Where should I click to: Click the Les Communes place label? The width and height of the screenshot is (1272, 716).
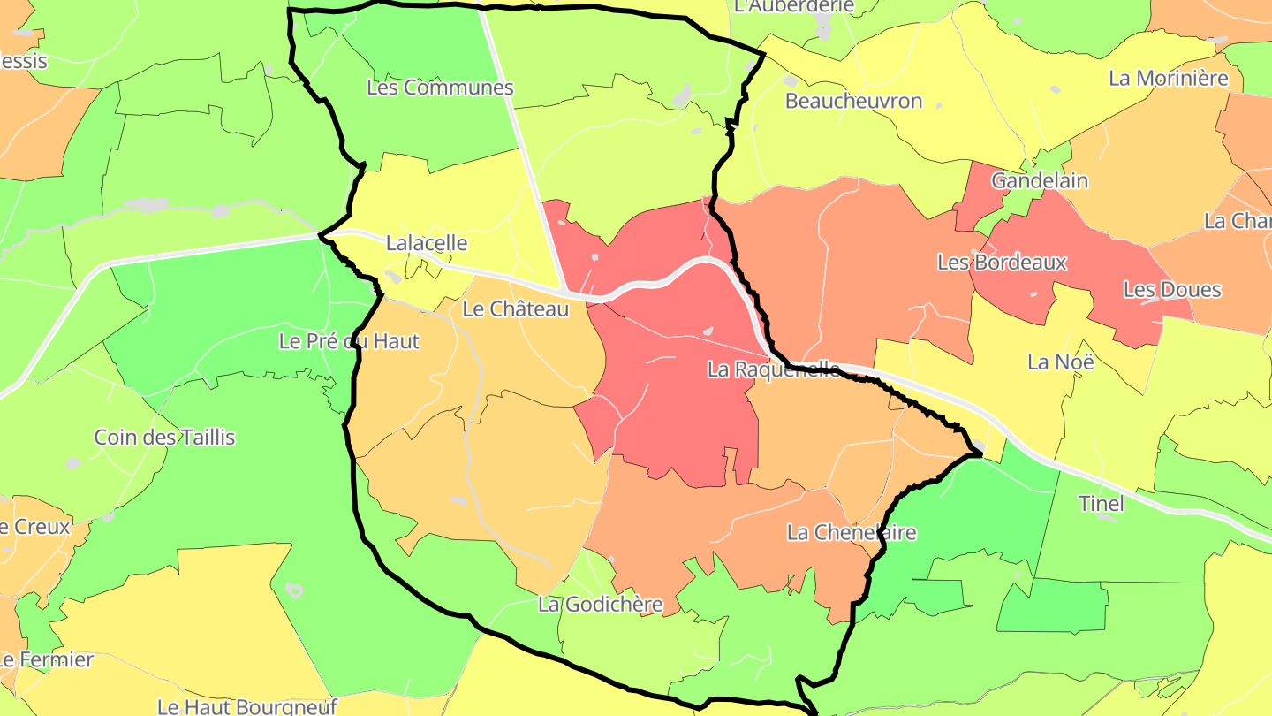point(440,88)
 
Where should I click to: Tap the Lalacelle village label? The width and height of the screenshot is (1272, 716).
point(427,242)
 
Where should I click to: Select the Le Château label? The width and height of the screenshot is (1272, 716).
point(516,309)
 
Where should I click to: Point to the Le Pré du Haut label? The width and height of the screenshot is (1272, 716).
point(349,341)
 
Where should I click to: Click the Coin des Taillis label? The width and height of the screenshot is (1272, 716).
point(165,438)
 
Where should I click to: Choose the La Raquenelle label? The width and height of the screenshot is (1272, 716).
point(774,369)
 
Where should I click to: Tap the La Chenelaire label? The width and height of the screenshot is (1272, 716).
point(852,532)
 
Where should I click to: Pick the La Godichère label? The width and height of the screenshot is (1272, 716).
point(601,605)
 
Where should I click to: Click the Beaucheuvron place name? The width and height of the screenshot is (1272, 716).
point(853,101)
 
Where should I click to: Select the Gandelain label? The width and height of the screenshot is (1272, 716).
point(1040,181)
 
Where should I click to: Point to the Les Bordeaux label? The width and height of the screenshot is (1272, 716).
point(1002,263)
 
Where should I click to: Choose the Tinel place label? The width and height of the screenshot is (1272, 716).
point(1102,504)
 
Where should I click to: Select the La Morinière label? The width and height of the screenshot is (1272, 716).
point(1169,78)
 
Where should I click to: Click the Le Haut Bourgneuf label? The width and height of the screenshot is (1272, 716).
point(247,706)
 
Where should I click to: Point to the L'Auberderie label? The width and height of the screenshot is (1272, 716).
point(794,6)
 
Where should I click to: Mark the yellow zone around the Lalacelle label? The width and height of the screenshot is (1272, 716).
point(459,203)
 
